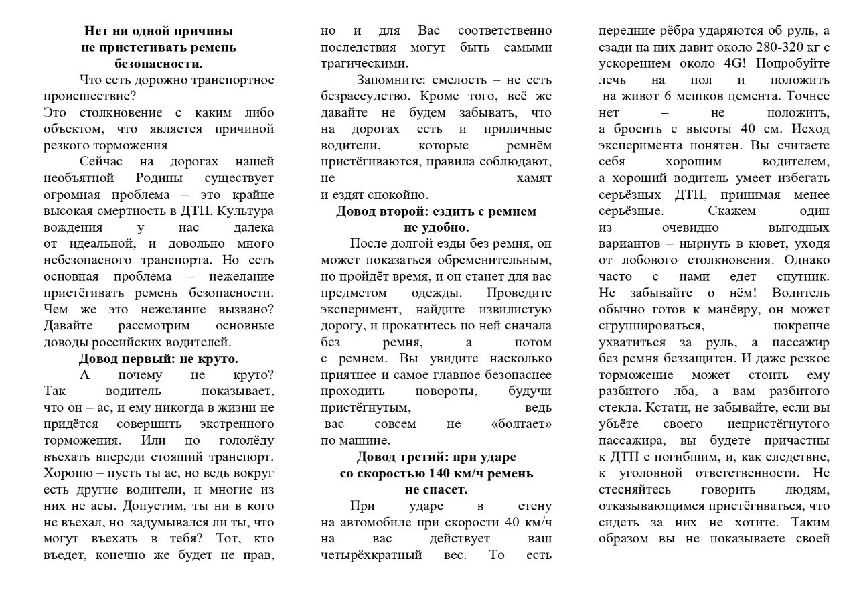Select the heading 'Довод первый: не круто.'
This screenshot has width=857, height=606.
[159, 358]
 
